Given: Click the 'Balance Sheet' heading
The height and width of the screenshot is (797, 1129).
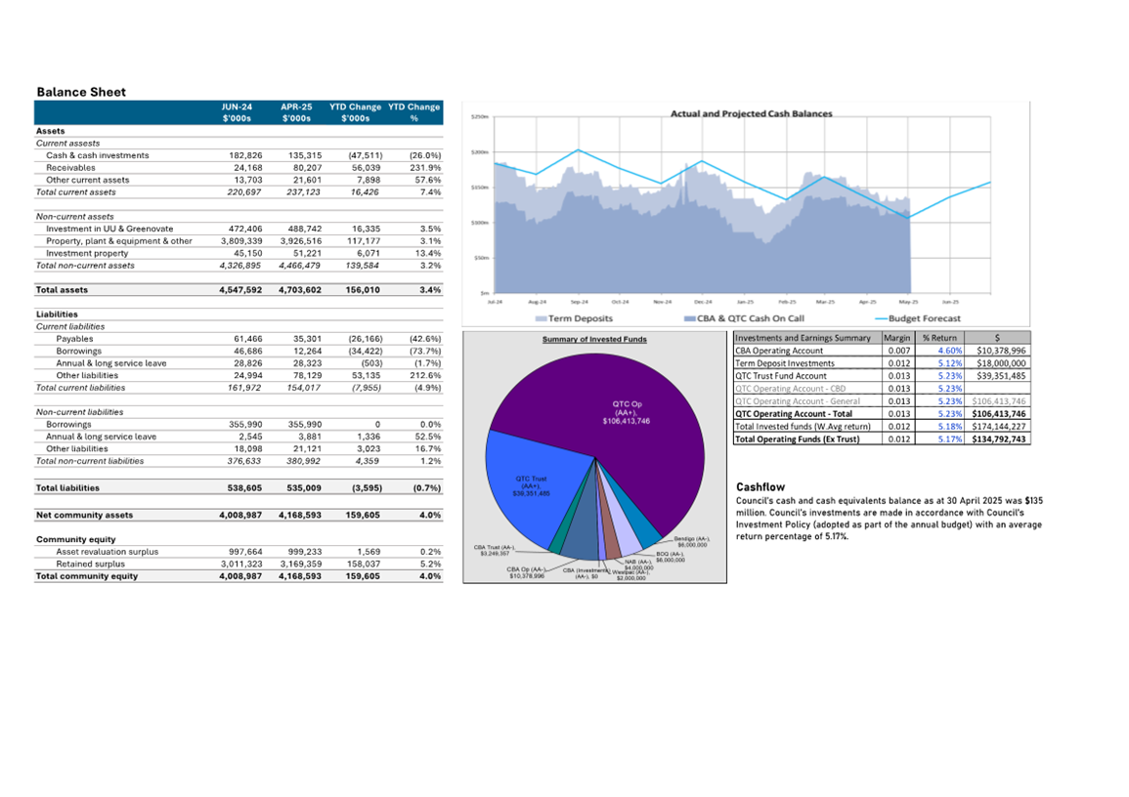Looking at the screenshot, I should [x=81, y=92].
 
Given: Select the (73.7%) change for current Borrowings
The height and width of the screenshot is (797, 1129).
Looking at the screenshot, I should [x=424, y=351].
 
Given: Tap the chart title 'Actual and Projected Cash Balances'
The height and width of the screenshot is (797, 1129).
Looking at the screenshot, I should [x=751, y=114].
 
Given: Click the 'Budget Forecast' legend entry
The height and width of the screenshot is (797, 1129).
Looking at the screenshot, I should [x=923, y=318].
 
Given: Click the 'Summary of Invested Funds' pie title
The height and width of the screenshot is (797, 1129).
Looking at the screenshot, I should [x=594, y=339].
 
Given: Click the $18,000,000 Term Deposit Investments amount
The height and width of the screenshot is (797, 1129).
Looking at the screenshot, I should [x=1000, y=363].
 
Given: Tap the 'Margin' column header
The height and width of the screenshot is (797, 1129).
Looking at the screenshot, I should [x=896, y=338].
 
